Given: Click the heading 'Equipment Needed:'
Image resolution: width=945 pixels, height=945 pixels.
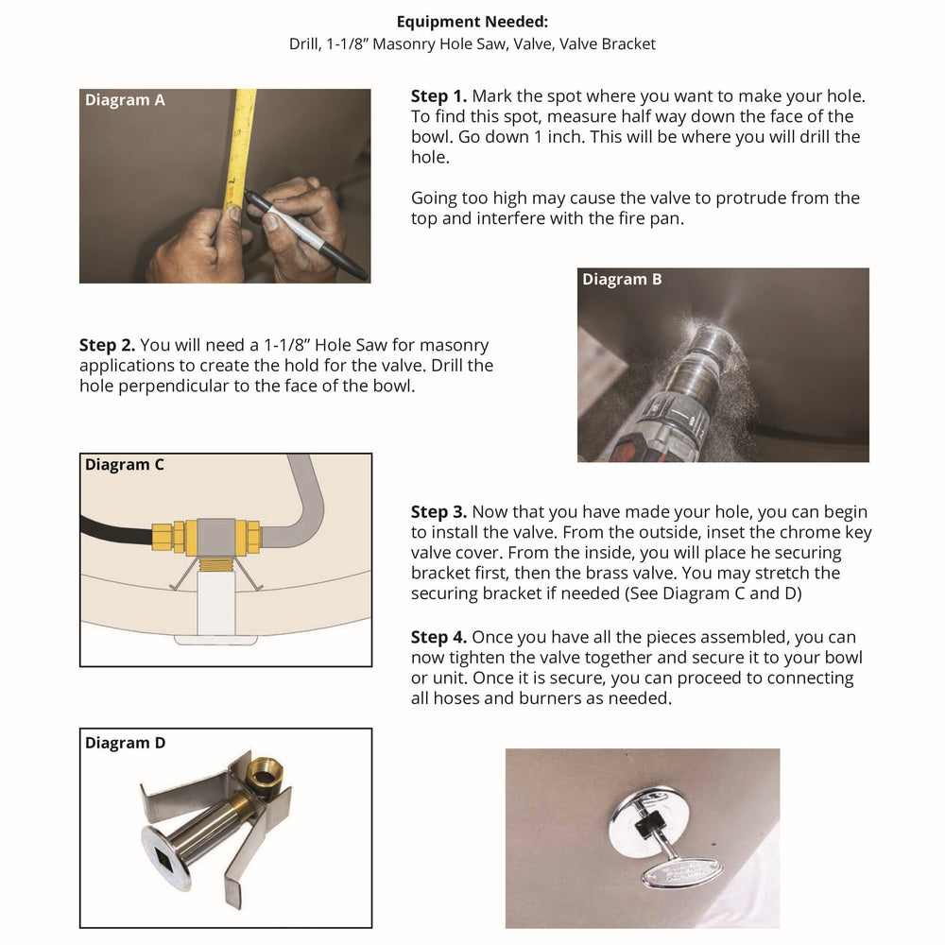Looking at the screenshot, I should tap(472, 22).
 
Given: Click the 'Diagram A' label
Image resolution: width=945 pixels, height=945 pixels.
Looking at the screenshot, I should tap(125, 100).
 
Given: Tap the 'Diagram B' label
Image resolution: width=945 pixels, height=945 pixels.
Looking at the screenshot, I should tap(622, 280).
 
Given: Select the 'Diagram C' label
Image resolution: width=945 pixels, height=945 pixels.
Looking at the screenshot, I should tap(124, 465).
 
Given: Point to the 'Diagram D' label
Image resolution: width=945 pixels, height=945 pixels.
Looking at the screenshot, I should tap(125, 743).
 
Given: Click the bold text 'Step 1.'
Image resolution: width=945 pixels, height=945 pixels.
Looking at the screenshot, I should tap(438, 96).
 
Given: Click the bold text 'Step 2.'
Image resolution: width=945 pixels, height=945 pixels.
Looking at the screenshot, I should tap(107, 346).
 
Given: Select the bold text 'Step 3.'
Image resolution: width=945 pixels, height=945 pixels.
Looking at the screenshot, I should tap(438, 512).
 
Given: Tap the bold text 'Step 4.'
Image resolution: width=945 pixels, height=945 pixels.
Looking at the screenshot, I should tap(438, 637).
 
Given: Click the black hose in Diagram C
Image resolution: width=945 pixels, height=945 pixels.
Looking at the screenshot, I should tap(113, 529).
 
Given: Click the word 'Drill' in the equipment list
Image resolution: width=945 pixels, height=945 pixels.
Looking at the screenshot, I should tap(305, 44).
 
